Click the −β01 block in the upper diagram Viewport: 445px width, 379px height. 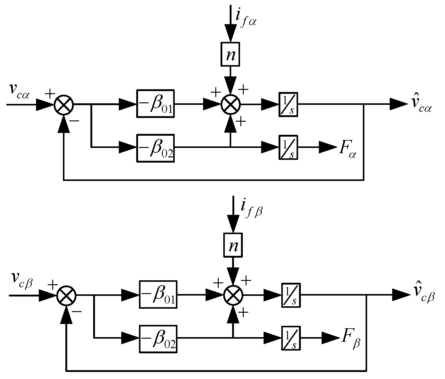coord(155,104)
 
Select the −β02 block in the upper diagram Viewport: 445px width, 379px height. coord(155,148)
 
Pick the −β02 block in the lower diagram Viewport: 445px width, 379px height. coord(158,339)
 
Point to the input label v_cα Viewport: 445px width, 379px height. coord(19,90)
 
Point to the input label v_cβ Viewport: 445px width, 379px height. coord(22,280)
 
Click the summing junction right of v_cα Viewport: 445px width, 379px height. coord(64,104)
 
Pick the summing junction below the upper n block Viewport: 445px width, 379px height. coord(231,104)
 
